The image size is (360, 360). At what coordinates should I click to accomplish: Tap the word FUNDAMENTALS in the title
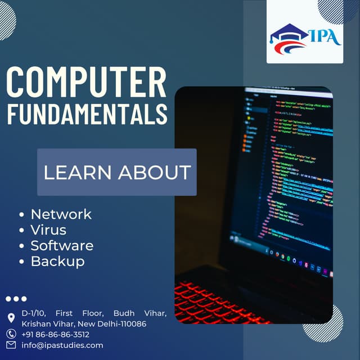87,113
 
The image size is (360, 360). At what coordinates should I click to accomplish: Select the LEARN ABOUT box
117,172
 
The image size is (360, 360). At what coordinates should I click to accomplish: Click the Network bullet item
61,214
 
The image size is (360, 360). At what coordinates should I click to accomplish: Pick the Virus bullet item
48,230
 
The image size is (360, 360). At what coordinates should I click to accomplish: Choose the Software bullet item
62,246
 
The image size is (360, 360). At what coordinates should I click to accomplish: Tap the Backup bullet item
57,262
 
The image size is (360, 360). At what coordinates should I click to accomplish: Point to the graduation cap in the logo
289,33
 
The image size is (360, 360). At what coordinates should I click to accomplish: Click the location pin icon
11,318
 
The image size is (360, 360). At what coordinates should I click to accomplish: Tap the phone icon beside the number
11,334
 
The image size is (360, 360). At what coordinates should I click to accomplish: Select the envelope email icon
11,345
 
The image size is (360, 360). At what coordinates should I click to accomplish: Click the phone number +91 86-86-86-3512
55,334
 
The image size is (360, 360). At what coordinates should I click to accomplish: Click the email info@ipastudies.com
62,345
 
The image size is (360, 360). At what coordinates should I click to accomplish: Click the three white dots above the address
16,299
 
